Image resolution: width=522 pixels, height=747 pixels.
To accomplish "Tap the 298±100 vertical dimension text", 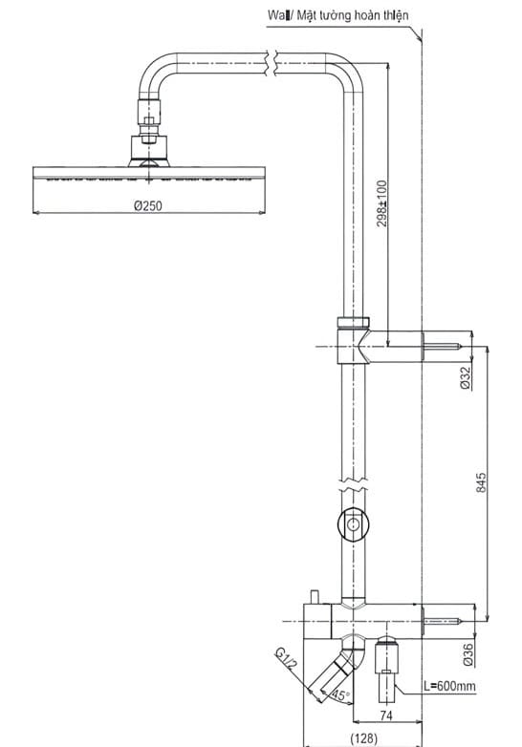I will point(382,203).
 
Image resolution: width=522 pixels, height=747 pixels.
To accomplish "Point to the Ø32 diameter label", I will point(465,378).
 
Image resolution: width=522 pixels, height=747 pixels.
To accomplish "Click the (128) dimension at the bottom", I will point(364,737).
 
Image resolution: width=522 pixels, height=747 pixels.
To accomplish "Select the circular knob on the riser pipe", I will point(354,524).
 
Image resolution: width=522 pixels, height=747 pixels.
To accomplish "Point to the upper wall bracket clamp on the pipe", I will point(353,339).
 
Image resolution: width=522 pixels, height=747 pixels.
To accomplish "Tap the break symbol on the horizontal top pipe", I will point(272,62).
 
